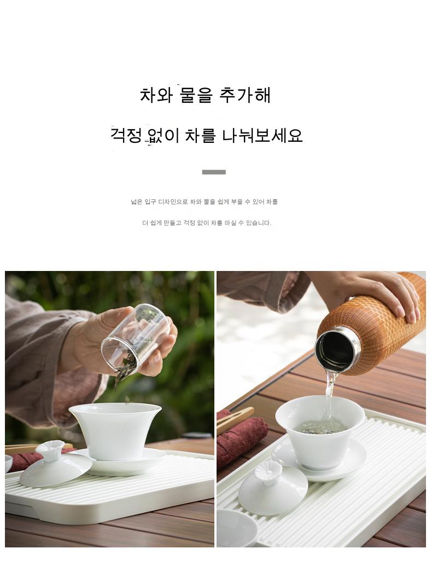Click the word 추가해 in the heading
244,95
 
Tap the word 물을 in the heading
196,95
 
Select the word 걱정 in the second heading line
126,135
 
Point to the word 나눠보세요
262,135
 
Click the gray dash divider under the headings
214,172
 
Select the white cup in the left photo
115,430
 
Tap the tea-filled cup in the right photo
320,431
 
